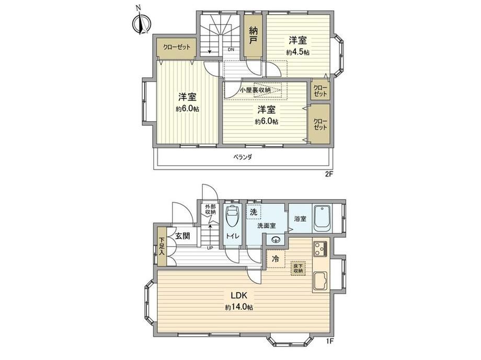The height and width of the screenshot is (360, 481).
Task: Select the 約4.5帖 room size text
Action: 297,52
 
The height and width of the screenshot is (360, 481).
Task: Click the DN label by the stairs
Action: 231,50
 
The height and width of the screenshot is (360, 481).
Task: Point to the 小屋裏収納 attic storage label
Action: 255,90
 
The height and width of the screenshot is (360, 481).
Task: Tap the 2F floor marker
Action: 329,174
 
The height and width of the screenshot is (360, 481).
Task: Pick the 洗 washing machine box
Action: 254,212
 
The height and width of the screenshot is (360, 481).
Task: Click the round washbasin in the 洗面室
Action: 275,240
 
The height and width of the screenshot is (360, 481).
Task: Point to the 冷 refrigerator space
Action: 276,259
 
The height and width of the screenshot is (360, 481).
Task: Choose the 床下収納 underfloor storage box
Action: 298,269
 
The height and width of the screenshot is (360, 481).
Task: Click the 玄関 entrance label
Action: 182,236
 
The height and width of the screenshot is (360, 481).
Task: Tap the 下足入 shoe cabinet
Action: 162,246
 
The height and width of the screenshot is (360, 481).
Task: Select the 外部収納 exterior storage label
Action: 210,209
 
